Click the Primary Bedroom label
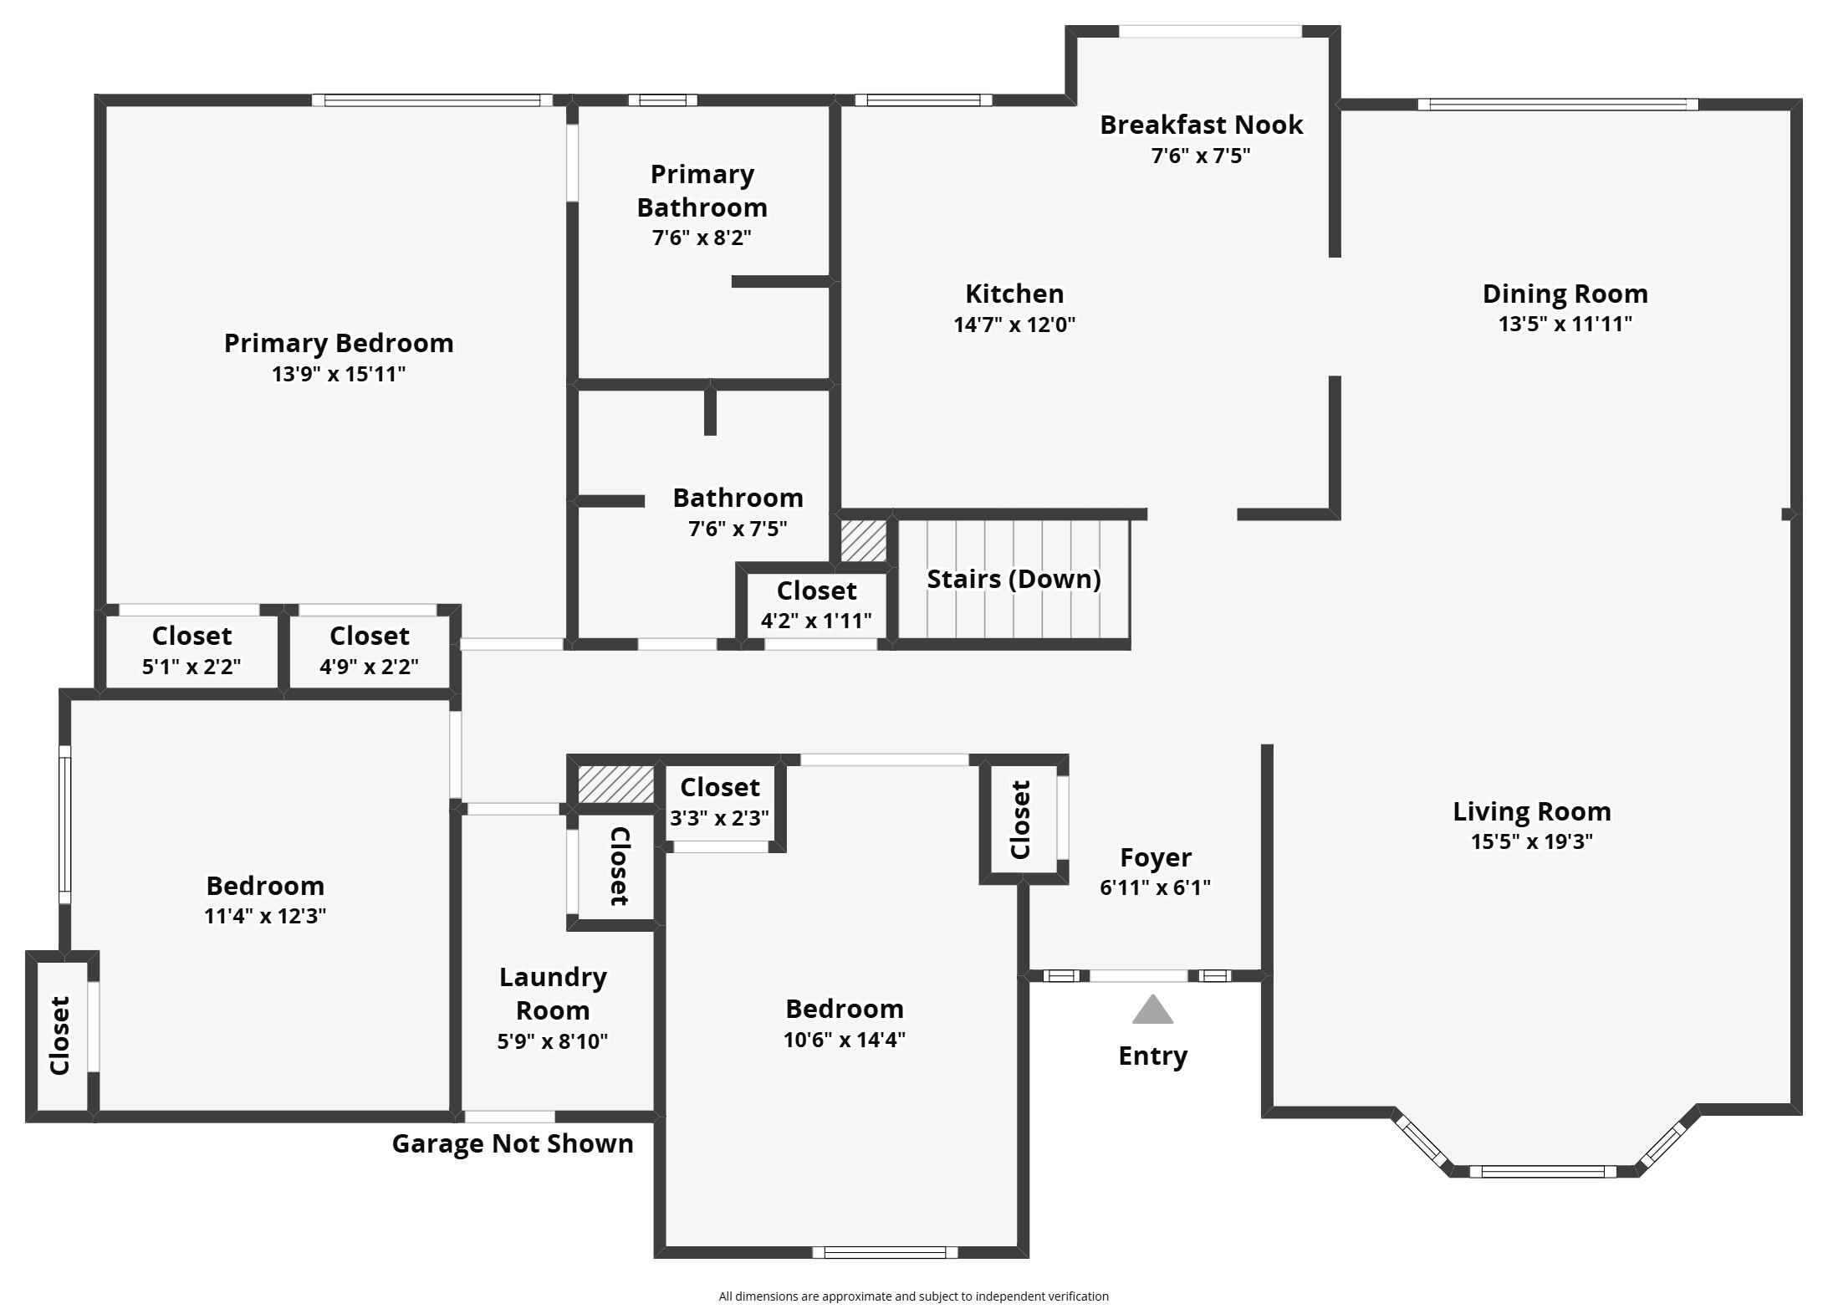[339, 343]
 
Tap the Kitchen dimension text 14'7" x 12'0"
[1014, 325]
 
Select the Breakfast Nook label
[1201, 125]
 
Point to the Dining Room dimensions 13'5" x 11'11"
[1565, 324]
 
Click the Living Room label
[1531, 811]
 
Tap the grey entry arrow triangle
[1152, 1010]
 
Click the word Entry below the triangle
[1152, 1056]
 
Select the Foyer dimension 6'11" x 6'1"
[1155, 887]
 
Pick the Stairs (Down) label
[1014, 579]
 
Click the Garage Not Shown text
[513, 1143]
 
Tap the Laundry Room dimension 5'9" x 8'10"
[552, 1041]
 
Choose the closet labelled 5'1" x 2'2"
[191, 651]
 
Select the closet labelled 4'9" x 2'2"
[369, 651]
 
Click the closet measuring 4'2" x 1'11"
[816, 605]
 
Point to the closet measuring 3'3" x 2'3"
[719, 801]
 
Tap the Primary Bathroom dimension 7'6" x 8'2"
[702, 238]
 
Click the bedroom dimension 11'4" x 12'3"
[264, 916]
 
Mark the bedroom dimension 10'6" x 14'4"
[844, 1040]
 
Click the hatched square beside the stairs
[863, 541]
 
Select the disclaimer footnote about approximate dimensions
[913, 1296]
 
